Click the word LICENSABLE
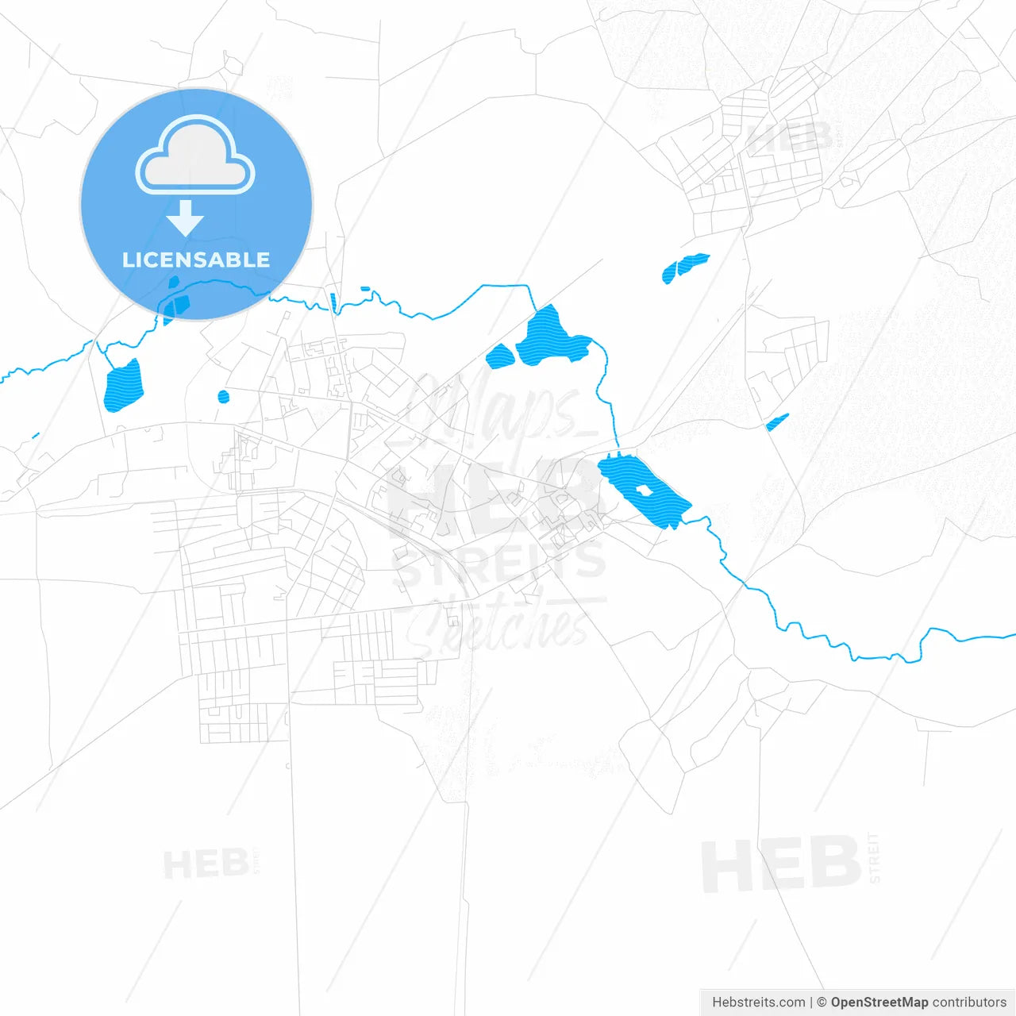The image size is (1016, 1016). (x=196, y=260)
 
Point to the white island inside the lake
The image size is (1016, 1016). (x=643, y=491)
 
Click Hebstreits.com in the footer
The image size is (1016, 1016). (x=758, y=1002)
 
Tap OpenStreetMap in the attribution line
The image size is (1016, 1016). (x=879, y=1002)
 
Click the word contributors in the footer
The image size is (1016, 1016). (x=969, y=1002)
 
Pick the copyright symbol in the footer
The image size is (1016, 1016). (x=822, y=1002)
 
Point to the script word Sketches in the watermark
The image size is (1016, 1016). (x=500, y=627)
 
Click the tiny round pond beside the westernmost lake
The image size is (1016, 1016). (x=223, y=396)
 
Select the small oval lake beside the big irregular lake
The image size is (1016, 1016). (x=500, y=356)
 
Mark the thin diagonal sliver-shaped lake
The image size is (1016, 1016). (x=777, y=421)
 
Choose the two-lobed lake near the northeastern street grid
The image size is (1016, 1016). (x=684, y=267)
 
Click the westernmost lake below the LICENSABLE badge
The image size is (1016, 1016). (x=123, y=387)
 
